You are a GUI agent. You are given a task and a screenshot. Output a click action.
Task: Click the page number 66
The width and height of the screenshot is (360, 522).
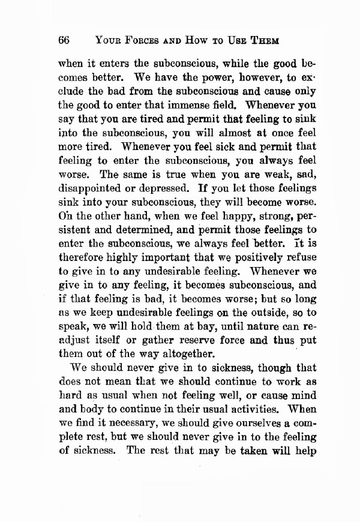point(65,41)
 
